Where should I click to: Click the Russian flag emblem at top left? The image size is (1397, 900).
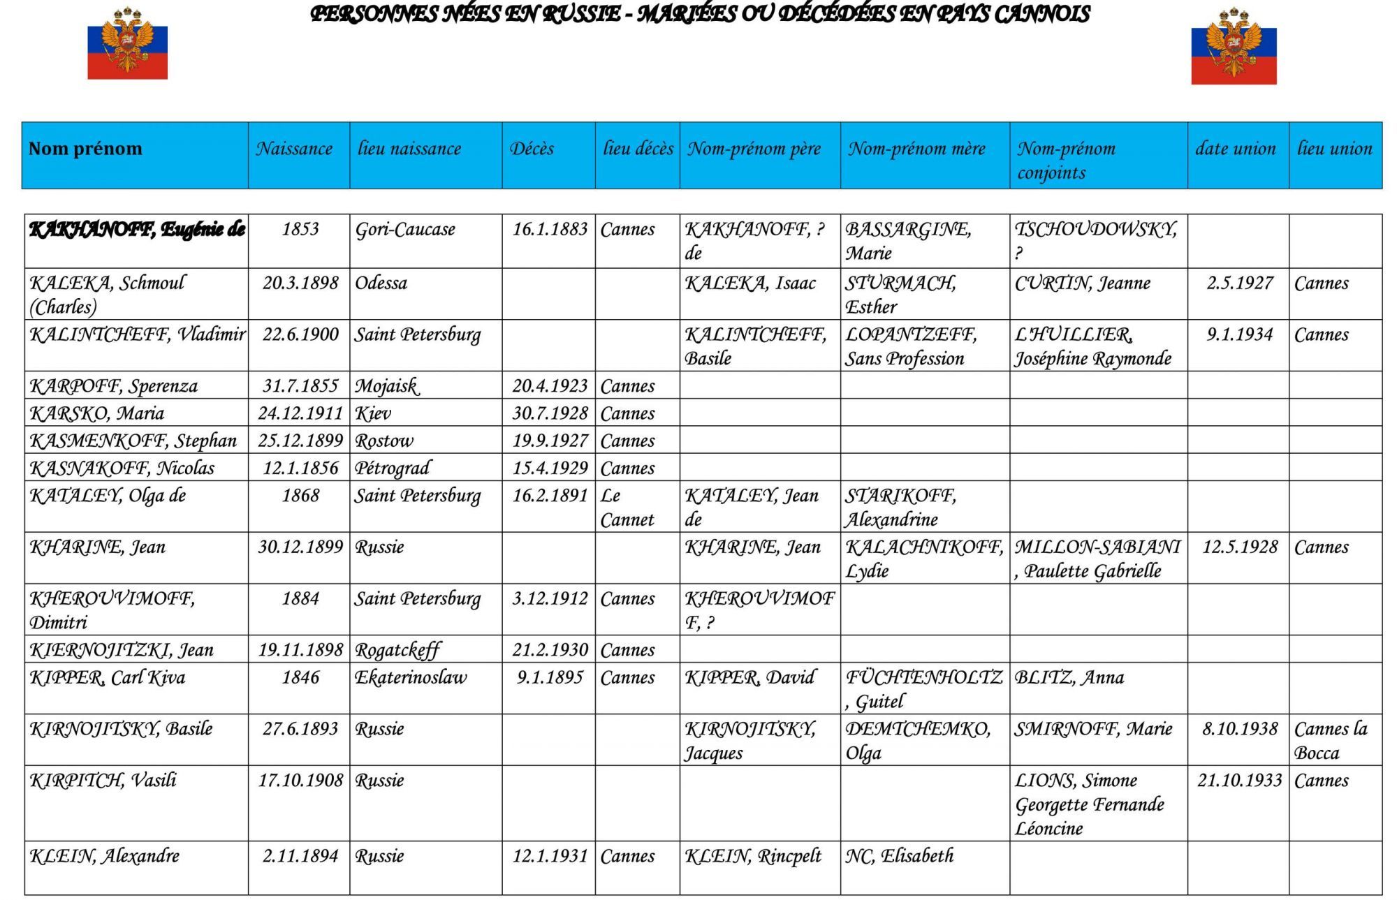pos(127,43)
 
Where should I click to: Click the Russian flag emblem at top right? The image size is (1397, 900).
pos(1234,46)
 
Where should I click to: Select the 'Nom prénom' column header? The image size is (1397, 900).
pos(85,149)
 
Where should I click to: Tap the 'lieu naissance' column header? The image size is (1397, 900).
pos(409,149)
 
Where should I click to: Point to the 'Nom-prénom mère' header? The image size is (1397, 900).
pos(916,149)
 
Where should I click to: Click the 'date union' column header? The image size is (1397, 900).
pos(1235,149)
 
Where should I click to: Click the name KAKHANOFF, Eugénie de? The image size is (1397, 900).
pos(137,230)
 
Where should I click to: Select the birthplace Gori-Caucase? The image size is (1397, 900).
pos(405,230)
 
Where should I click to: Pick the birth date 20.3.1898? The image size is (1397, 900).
pos(300,283)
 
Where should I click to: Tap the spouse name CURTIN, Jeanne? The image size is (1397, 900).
pos(1082,283)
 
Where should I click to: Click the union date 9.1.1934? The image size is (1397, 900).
pos(1240,334)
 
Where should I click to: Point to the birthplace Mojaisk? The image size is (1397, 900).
pos(386,386)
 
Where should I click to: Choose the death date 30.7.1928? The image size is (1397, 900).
pos(550,413)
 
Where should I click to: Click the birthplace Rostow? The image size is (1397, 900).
pos(384,441)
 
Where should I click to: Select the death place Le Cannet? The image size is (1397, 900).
pos(627,508)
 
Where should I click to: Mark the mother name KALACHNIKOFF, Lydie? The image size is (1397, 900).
pos(924,559)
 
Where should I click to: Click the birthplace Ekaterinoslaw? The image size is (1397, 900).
pos(411,677)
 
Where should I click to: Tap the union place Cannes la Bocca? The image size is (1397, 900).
pos(1330,741)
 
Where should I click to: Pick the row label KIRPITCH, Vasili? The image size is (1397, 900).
pos(103,780)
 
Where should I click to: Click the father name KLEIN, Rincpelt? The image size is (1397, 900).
pos(753,856)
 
